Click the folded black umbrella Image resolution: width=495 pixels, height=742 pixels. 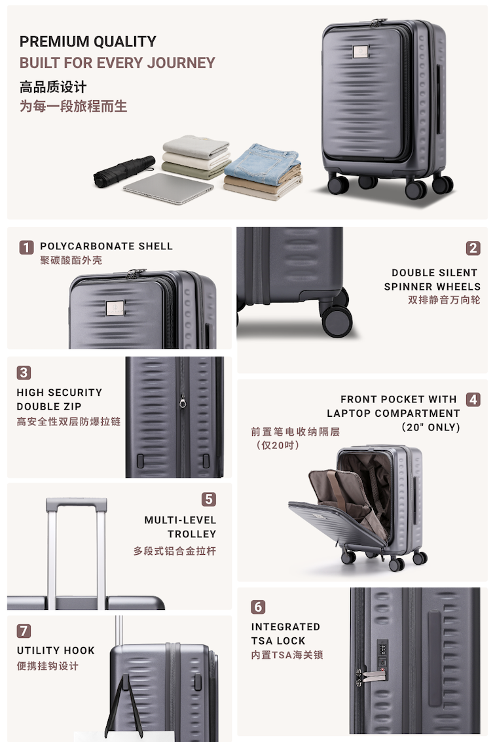(x=124, y=171)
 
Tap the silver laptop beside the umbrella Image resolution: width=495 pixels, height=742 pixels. (x=168, y=188)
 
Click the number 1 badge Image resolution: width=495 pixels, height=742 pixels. (x=26, y=247)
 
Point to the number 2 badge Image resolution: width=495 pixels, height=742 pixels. (x=473, y=248)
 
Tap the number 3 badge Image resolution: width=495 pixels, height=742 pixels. (x=24, y=372)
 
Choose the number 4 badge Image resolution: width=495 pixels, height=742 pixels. (x=473, y=399)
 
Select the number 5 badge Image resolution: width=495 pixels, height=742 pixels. (x=208, y=499)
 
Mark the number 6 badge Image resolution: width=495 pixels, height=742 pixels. (x=258, y=607)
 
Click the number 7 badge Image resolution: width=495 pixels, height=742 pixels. (x=24, y=631)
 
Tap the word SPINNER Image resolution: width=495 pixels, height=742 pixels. (x=409, y=287)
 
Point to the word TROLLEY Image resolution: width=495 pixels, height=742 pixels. (x=192, y=534)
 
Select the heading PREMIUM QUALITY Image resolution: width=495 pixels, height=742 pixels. (x=88, y=42)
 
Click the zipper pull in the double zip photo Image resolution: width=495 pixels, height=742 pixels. (x=183, y=402)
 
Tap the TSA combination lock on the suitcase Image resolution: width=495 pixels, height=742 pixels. (x=382, y=654)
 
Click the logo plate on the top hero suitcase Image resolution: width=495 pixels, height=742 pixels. (x=361, y=52)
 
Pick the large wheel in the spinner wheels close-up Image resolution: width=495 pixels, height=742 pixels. (x=337, y=322)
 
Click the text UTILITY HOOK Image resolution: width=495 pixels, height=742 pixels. (x=56, y=650)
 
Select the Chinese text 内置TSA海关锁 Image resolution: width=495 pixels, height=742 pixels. (x=287, y=655)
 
